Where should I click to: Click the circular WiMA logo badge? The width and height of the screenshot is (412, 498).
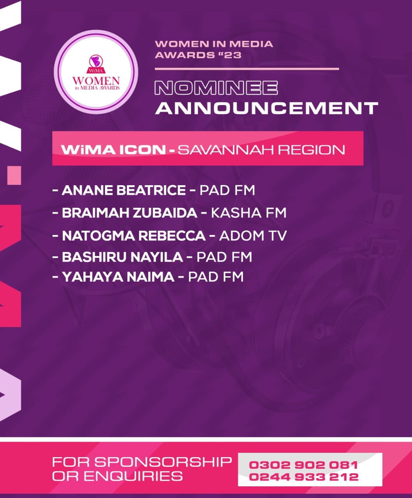pos(96,72)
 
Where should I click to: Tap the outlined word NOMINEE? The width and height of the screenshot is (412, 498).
pos(216,88)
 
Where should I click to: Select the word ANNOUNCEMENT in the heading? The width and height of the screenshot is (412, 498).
pos(267,108)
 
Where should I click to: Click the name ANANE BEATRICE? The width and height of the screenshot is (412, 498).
pos(124,190)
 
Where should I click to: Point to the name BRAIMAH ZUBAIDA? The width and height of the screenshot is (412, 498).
pos(130,213)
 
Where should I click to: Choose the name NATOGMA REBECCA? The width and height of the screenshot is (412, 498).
pos(134,236)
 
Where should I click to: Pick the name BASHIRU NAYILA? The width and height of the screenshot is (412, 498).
pos(123,257)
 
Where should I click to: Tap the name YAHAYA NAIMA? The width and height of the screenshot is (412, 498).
pos(118,277)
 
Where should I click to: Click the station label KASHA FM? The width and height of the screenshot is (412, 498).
pos(249,213)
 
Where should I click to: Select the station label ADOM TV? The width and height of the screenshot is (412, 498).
pos(253,236)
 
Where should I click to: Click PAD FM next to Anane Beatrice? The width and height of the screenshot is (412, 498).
pos(227,190)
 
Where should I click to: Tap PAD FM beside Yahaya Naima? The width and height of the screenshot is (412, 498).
pos(216,277)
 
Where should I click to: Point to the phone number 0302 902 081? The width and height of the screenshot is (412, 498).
pos(303,465)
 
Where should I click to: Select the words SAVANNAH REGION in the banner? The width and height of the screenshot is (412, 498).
pos(261,150)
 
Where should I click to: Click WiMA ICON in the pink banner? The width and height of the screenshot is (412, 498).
pos(114,150)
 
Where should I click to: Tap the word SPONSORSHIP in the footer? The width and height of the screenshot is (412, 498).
pos(163,462)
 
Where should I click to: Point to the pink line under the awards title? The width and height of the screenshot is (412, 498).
pos(247,69)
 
